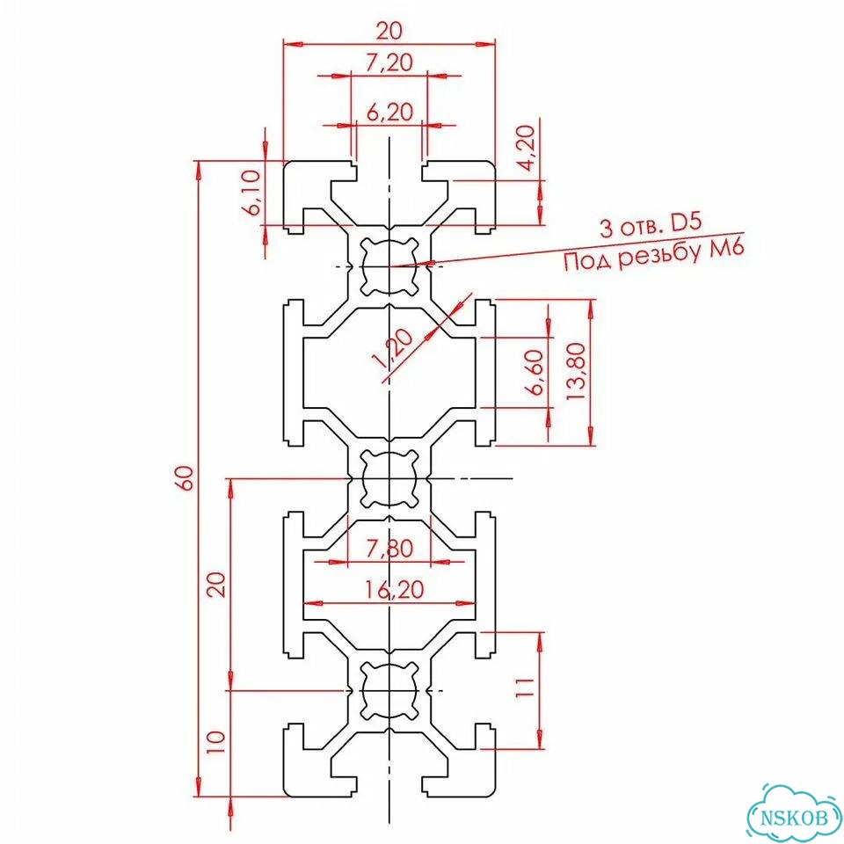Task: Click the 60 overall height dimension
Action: point(186,477)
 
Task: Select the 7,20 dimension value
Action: point(389,63)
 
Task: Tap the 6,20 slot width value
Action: point(389,112)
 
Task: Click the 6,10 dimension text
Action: point(251,193)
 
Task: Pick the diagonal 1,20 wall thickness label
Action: point(393,348)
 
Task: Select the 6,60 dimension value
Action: point(537,372)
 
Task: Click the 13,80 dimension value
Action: point(575,371)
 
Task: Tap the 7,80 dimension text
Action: point(389,549)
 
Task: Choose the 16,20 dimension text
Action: point(394,590)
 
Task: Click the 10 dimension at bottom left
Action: point(216,742)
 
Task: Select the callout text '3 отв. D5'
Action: point(651,225)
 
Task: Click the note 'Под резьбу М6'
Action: point(654,255)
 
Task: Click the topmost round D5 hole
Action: point(389,266)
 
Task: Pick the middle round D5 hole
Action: point(389,477)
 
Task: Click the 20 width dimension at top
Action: point(389,31)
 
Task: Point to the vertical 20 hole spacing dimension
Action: point(216,584)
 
